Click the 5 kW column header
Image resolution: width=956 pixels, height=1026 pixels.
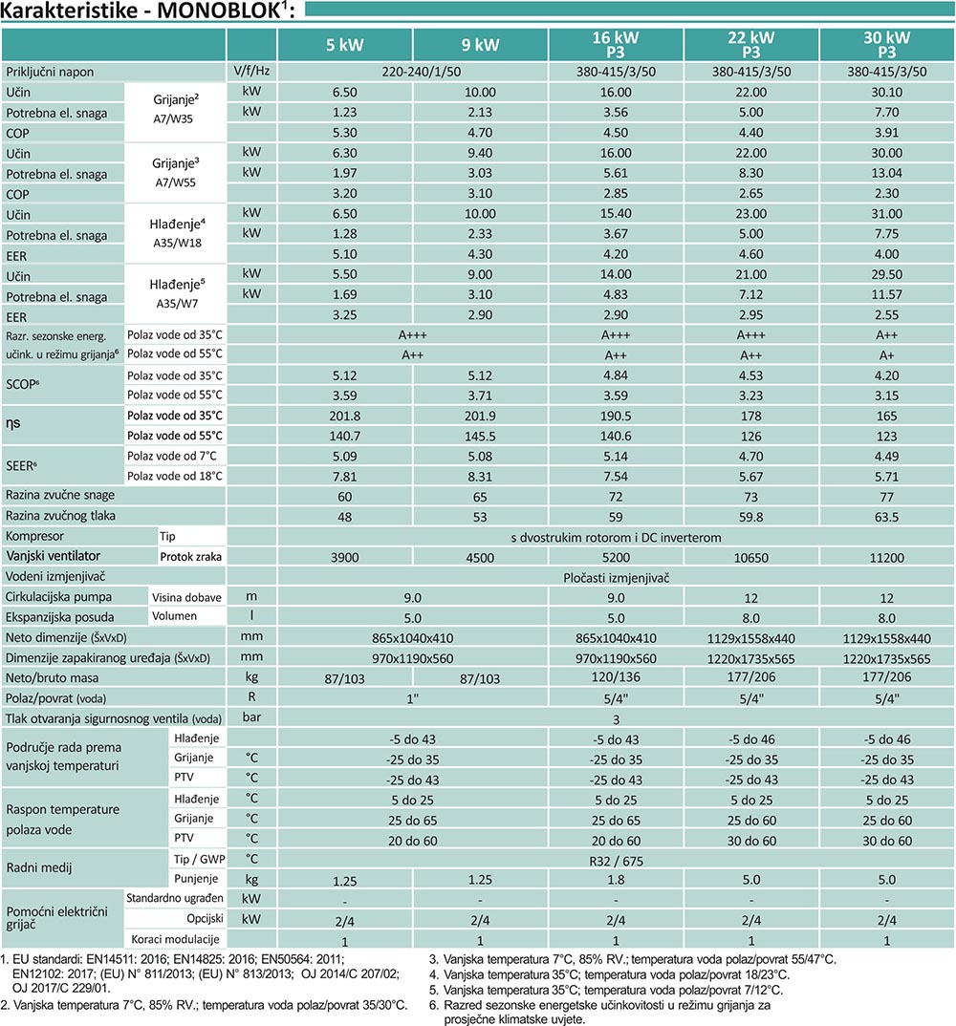(x=344, y=45)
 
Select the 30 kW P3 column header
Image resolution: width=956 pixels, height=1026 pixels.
(x=886, y=45)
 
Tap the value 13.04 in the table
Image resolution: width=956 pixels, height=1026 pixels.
(x=886, y=173)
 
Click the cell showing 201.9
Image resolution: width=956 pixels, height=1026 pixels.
(x=480, y=417)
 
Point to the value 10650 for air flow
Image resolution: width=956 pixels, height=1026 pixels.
(x=751, y=558)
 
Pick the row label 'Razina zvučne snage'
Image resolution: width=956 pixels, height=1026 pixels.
(x=60, y=496)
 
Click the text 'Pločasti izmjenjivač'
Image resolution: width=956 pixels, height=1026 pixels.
(x=616, y=578)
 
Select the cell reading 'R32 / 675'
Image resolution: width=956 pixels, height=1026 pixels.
(x=616, y=861)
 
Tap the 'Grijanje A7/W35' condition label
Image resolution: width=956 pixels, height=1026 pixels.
(x=175, y=109)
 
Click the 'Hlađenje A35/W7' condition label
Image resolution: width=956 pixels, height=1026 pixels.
(x=177, y=294)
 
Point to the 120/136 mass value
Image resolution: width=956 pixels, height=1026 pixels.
(x=616, y=677)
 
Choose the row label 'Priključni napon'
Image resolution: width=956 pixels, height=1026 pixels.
(x=50, y=72)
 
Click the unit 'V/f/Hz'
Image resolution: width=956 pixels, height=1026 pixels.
(x=251, y=72)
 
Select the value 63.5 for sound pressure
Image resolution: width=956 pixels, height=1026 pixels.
(x=886, y=517)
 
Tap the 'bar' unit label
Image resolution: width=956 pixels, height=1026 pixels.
(x=251, y=717)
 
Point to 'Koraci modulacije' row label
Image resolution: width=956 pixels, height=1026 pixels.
(x=175, y=940)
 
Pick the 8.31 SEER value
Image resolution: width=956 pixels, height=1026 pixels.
(x=480, y=477)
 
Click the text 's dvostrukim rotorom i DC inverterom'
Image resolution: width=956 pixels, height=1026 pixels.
(x=616, y=538)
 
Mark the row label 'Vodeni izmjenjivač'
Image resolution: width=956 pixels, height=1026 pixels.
(x=55, y=576)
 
